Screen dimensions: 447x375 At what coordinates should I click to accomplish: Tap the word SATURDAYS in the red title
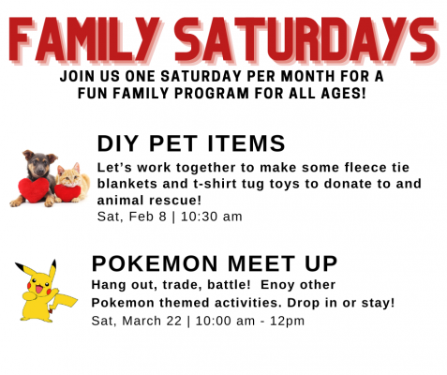click(306, 40)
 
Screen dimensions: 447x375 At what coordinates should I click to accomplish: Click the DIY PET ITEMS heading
click(191, 143)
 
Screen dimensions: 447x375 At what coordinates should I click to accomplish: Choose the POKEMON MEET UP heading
click(215, 263)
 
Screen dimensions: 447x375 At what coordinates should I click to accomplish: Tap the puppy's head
click(39, 163)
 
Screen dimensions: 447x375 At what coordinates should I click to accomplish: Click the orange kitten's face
click(69, 177)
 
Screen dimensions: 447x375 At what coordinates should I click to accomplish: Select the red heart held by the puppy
click(34, 189)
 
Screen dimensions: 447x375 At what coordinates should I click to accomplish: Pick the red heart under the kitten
click(67, 192)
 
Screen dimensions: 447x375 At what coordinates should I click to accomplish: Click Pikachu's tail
click(64, 299)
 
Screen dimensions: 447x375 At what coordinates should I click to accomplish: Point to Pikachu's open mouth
click(39, 289)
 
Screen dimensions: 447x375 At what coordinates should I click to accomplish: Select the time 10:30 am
click(212, 217)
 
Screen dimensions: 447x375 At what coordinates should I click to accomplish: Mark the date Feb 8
click(147, 217)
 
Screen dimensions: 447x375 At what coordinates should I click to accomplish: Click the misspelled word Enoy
click(277, 285)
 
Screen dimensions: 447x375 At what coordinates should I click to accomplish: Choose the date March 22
click(152, 321)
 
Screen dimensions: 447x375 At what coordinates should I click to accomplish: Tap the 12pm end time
click(287, 322)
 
